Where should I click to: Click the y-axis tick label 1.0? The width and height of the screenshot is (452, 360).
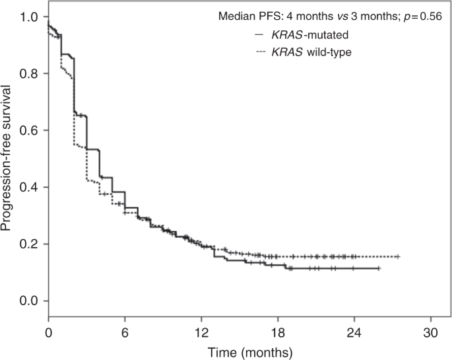point(30,16)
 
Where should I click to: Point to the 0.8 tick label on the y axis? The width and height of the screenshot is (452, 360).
point(30,73)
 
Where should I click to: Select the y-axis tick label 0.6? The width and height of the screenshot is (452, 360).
point(30,130)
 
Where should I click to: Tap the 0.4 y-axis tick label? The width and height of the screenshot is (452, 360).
point(30,187)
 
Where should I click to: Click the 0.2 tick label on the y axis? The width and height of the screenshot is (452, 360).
point(30,244)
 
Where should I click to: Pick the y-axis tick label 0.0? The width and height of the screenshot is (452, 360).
point(30,301)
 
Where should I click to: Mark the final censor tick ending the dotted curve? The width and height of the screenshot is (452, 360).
point(399,256)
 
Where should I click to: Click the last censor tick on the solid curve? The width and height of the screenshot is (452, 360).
point(379,268)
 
